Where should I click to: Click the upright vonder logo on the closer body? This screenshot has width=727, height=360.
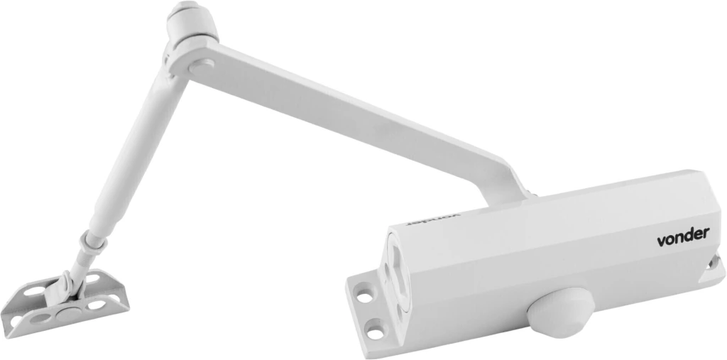click(683, 236)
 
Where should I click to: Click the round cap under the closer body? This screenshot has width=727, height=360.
click(561, 311)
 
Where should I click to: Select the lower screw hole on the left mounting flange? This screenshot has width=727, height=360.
click(375, 332)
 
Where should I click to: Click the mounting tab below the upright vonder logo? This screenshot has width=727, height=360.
click(714, 268)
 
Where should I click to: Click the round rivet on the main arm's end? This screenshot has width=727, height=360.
click(201, 64)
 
